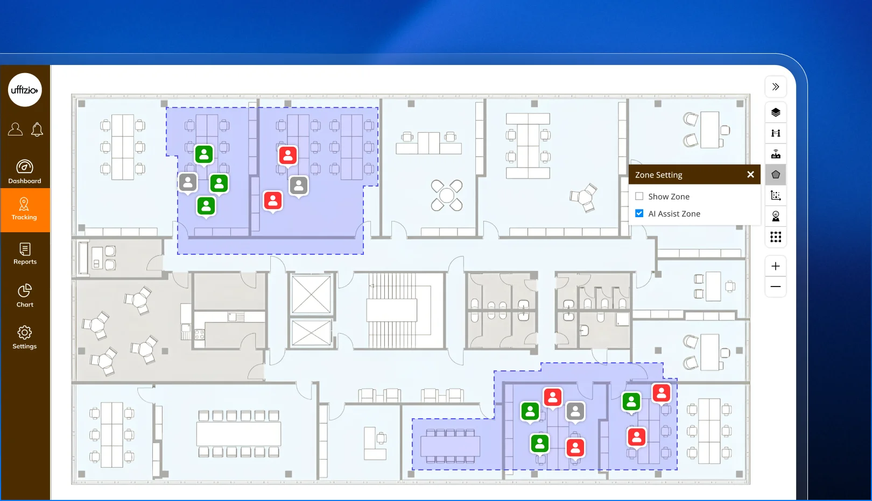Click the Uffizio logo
click(25, 90)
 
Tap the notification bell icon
click(37, 129)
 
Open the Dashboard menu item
click(25, 171)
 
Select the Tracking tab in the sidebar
click(25, 210)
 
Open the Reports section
click(25, 254)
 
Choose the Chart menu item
click(25, 296)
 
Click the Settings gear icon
click(25, 333)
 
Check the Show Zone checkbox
click(639, 196)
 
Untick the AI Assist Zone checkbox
click(639, 213)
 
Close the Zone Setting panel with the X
click(750, 175)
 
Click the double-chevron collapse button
click(776, 87)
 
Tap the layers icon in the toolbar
click(776, 112)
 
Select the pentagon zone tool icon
click(776, 175)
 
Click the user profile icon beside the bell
click(15, 129)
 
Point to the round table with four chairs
click(447, 196)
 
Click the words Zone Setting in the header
click(659, 175)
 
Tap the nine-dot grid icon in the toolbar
click(776, 237)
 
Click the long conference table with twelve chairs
click(238, 433)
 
